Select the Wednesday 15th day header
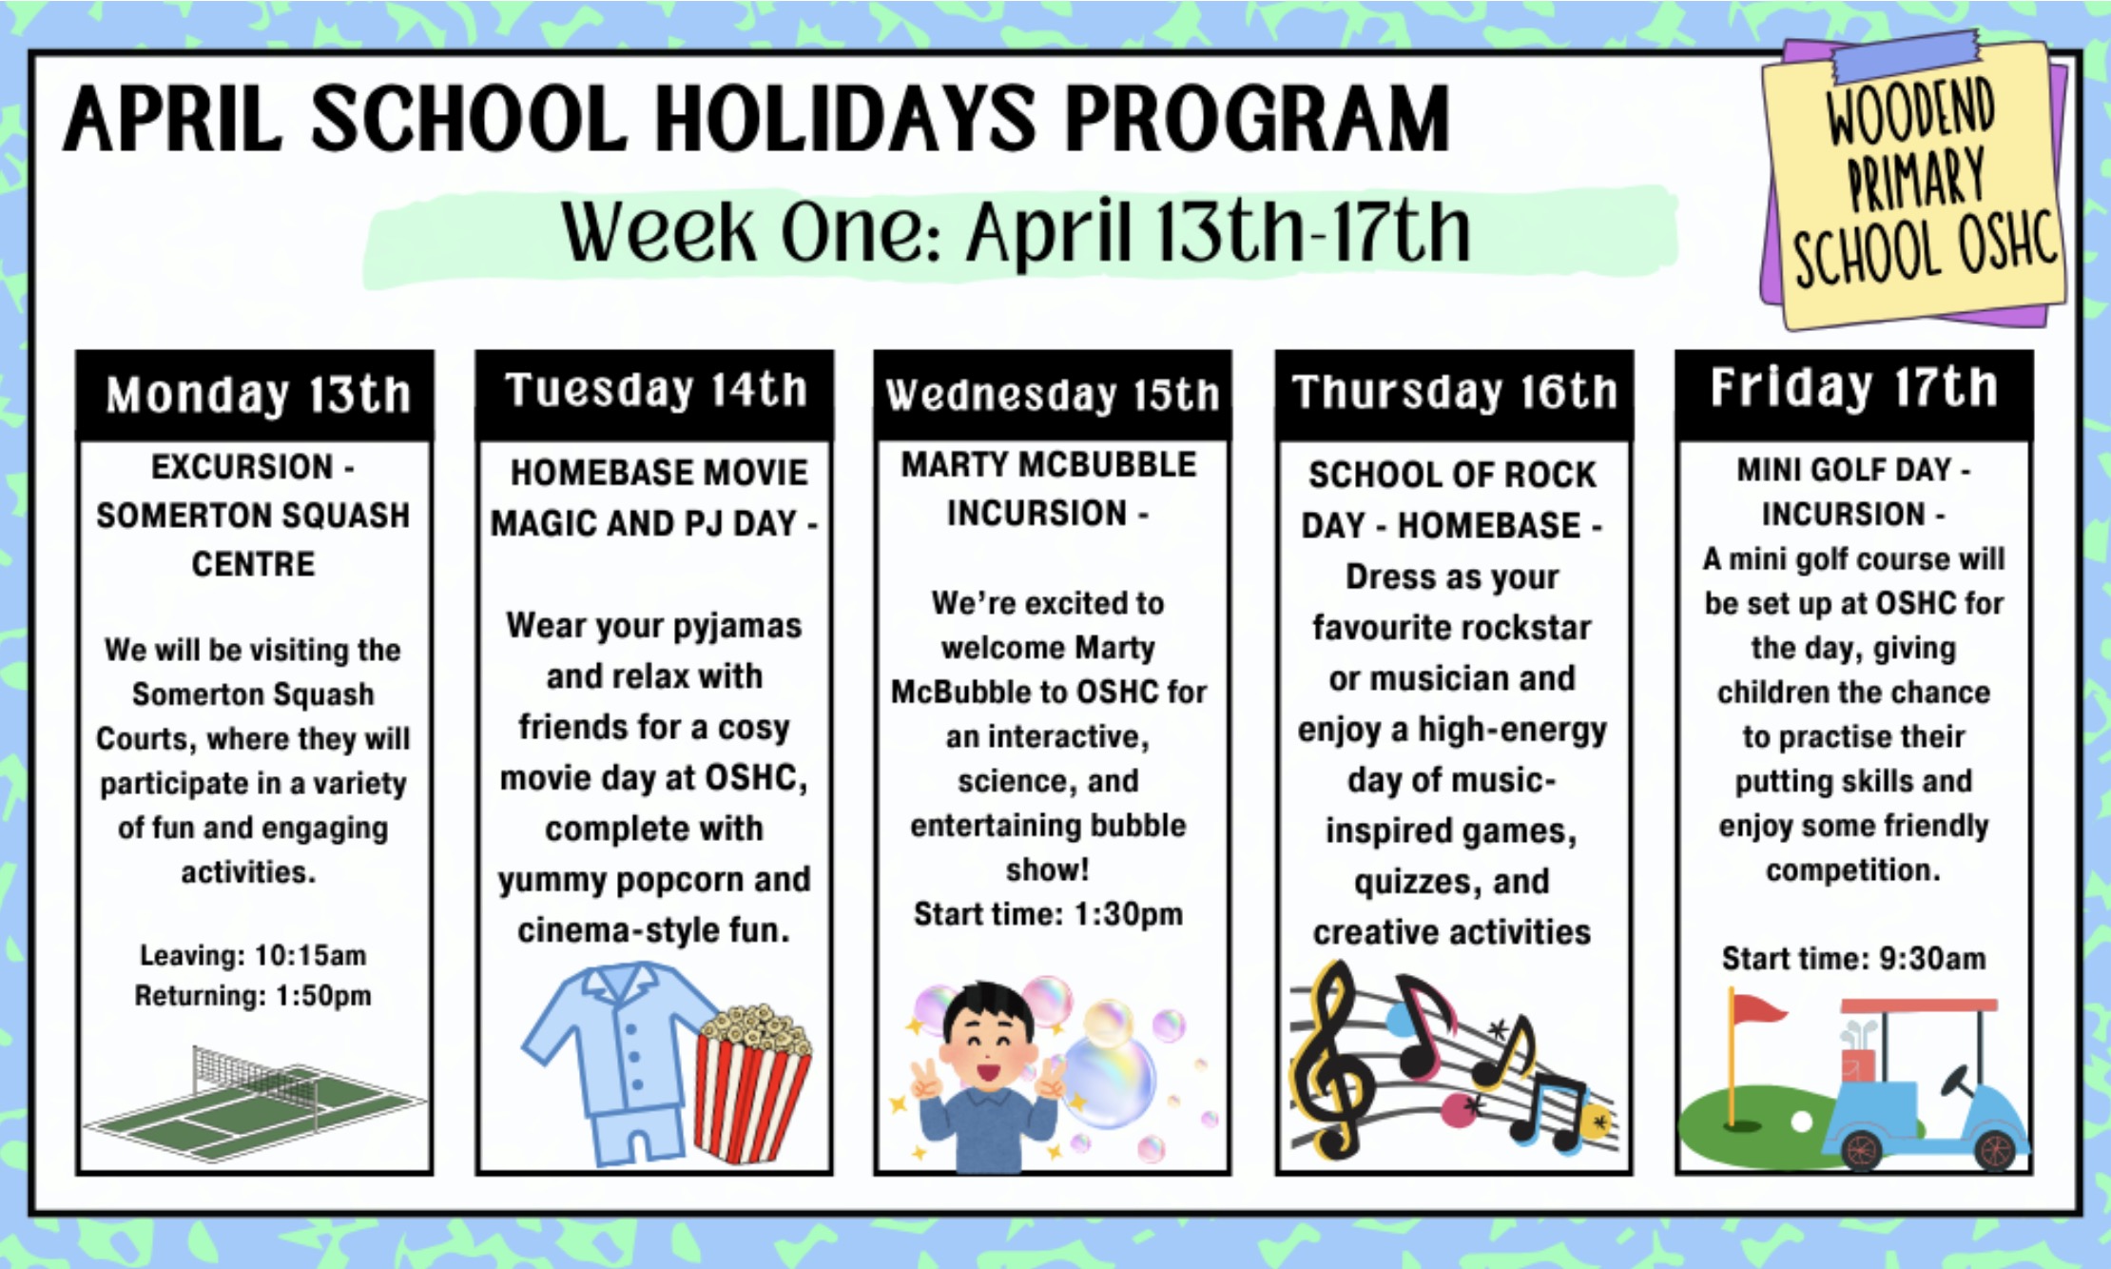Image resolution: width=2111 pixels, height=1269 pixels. (1053, 395)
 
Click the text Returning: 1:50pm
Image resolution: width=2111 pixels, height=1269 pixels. (253, 996)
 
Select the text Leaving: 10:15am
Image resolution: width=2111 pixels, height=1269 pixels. (253, 955)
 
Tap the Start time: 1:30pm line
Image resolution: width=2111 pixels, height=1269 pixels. (1048, 914)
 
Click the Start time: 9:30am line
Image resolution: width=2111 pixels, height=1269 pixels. (1853, 958)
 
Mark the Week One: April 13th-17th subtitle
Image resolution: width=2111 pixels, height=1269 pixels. (1016, 231)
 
